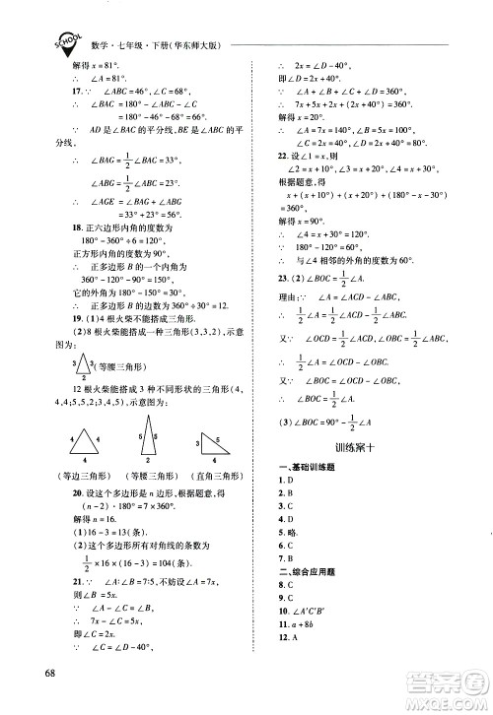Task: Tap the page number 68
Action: (x=39, y=673)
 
